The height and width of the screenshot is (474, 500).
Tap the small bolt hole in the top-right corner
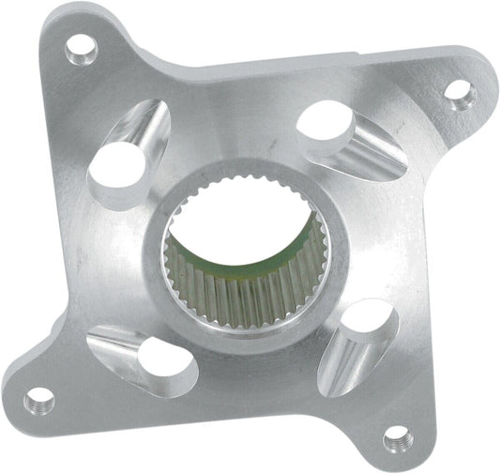tap(457, 91)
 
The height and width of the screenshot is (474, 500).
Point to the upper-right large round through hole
tap(326, 123)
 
